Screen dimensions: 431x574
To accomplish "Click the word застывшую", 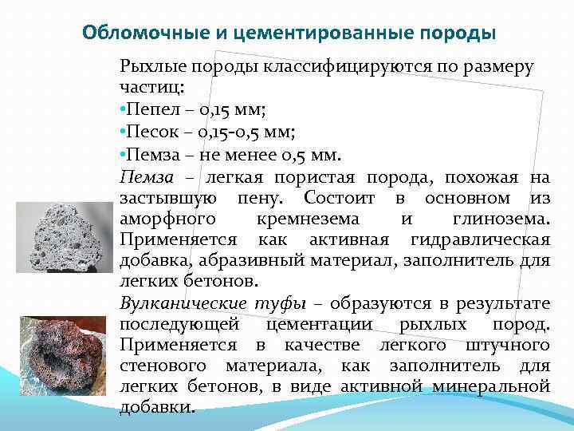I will pyautogui.click(x=165, y=196).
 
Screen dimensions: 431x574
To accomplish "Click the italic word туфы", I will pyautogui.click(x=283, y=303).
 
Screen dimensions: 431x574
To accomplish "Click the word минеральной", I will pyautogui.click(x=490, y=387).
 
